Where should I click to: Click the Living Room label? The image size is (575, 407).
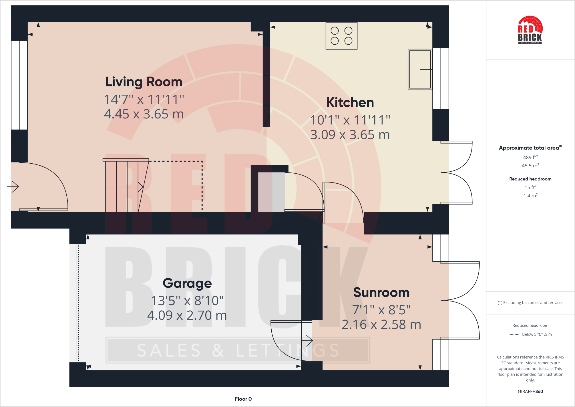click(x=144, y=82)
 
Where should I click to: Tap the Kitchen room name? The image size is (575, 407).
click(x=350, y=103)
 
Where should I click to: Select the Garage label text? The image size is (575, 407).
click(x=187, y=283)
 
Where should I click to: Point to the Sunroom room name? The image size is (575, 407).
click(x=381, y=293)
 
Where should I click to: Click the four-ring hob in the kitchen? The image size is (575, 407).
click(x=341, y=36)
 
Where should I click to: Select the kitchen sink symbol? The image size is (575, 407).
click(x=420, y=70)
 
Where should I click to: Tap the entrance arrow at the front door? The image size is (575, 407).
click(x=13, y=187)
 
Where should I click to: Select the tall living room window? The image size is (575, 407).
click(x=19, y=85)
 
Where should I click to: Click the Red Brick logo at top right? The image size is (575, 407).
click(x=530, y=30)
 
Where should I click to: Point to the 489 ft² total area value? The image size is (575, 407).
click(x=530, y=157)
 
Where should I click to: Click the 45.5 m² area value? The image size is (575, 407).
click(x=530, y=166)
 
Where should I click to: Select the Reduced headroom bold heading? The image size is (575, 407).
click(x=530, y=179)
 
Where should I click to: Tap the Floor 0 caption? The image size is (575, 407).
click(x=243, y=399)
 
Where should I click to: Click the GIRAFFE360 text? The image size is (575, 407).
click(x=530, y=392)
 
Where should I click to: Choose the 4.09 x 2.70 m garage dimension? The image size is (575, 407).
click(x=187, y=315)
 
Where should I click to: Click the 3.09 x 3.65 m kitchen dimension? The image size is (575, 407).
click(x=350, y=135)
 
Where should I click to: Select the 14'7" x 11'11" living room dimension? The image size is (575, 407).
click(x=144, y=100)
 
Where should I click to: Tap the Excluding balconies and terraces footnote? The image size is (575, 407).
click(x=530, y=303)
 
